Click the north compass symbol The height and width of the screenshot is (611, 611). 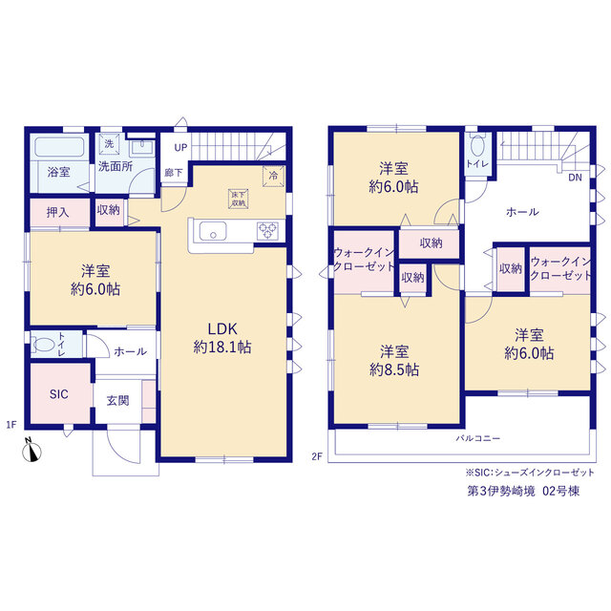tap(32, 451)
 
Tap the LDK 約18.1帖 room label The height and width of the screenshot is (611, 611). tap(222, 338)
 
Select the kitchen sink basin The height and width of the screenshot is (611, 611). tap(213, 231)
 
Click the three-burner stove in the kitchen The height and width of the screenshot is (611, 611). tap(267, 230)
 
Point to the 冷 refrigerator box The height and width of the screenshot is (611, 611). tap(274, 176)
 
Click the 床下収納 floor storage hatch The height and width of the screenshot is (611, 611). tap(238, 199)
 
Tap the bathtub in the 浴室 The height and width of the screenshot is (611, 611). tap(59, 147)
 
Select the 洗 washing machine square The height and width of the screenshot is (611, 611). tap(110, 143)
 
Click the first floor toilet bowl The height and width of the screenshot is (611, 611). tap(44, 344)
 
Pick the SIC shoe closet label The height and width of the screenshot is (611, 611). tap(59, 394)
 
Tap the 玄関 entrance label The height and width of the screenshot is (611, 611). tap(117, 401)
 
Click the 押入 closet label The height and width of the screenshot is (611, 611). tap(57, 212)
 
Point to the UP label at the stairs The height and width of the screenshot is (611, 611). tap(180, 148)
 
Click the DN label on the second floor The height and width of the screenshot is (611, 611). tap(575, 178)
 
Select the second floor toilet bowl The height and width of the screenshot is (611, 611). tap(477, 147)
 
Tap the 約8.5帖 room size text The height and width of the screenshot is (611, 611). tap(394, 369)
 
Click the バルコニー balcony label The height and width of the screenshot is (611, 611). tap(478, 438)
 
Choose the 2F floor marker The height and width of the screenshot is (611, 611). tap(317, 456)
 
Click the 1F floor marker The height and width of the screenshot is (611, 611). tap(11, 424)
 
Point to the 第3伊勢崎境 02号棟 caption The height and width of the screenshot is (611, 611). tap(523, 491)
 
